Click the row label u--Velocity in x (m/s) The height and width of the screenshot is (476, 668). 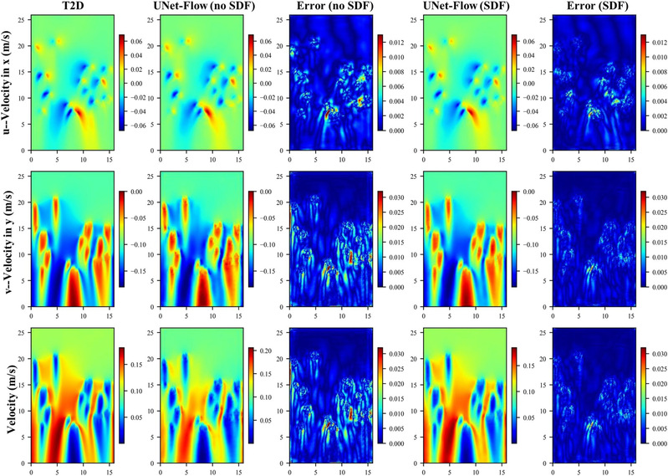pos(9,84)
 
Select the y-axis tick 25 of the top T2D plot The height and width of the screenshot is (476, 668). pos(23,23)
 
